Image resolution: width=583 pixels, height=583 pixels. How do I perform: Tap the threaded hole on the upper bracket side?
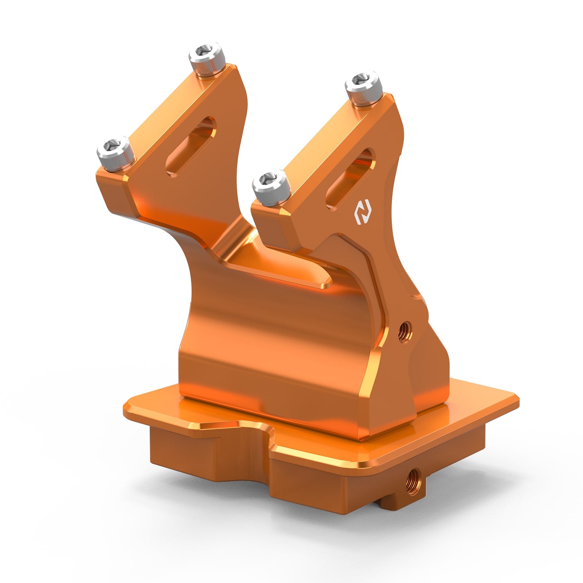pos(403,330)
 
